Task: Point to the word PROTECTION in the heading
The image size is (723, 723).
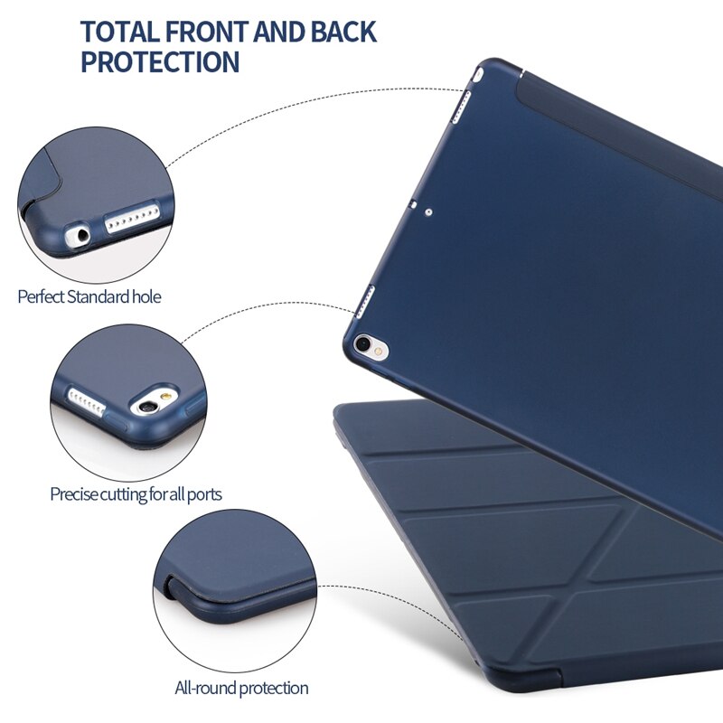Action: pyautogui.click(x=160, y=63)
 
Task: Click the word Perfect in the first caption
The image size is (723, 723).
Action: pyautogui.click(x=41, y=296)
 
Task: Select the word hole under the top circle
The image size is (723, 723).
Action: pyautogui.click(x=146, y=296)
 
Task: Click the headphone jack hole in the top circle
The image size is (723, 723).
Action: pyautogui.click(x=82, y=236)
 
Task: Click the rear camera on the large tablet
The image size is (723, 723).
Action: pyautogui.click(x=364, y=343)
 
